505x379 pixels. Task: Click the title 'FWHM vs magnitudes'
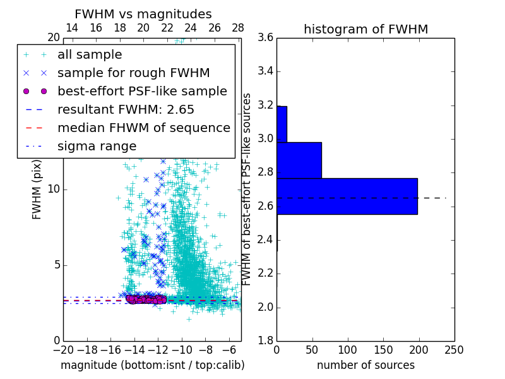(143, 14)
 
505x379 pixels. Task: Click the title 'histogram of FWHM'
(365, 29)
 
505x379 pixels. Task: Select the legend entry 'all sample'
(90, 55)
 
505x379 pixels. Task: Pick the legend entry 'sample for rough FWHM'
(133, 73)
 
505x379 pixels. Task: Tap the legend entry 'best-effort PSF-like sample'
(142, 91)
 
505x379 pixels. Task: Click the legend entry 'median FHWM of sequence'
(143, 128)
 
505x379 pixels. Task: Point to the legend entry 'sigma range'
(97, 146)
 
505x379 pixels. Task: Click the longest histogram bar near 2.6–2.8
(347, 196)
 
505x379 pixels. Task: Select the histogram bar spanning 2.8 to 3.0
(299, 160)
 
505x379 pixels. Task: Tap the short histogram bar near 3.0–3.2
(282, 124)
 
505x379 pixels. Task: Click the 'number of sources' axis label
(365, 365)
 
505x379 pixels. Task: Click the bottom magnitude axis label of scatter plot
(152, 365)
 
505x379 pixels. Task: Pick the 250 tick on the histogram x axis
(454, 349)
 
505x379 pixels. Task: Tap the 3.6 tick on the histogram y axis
(265, 38)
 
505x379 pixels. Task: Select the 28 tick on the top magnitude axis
(238, 28)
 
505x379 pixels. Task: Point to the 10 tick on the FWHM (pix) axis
(53, 189)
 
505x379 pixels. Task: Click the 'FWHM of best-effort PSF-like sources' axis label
(247, 189)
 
